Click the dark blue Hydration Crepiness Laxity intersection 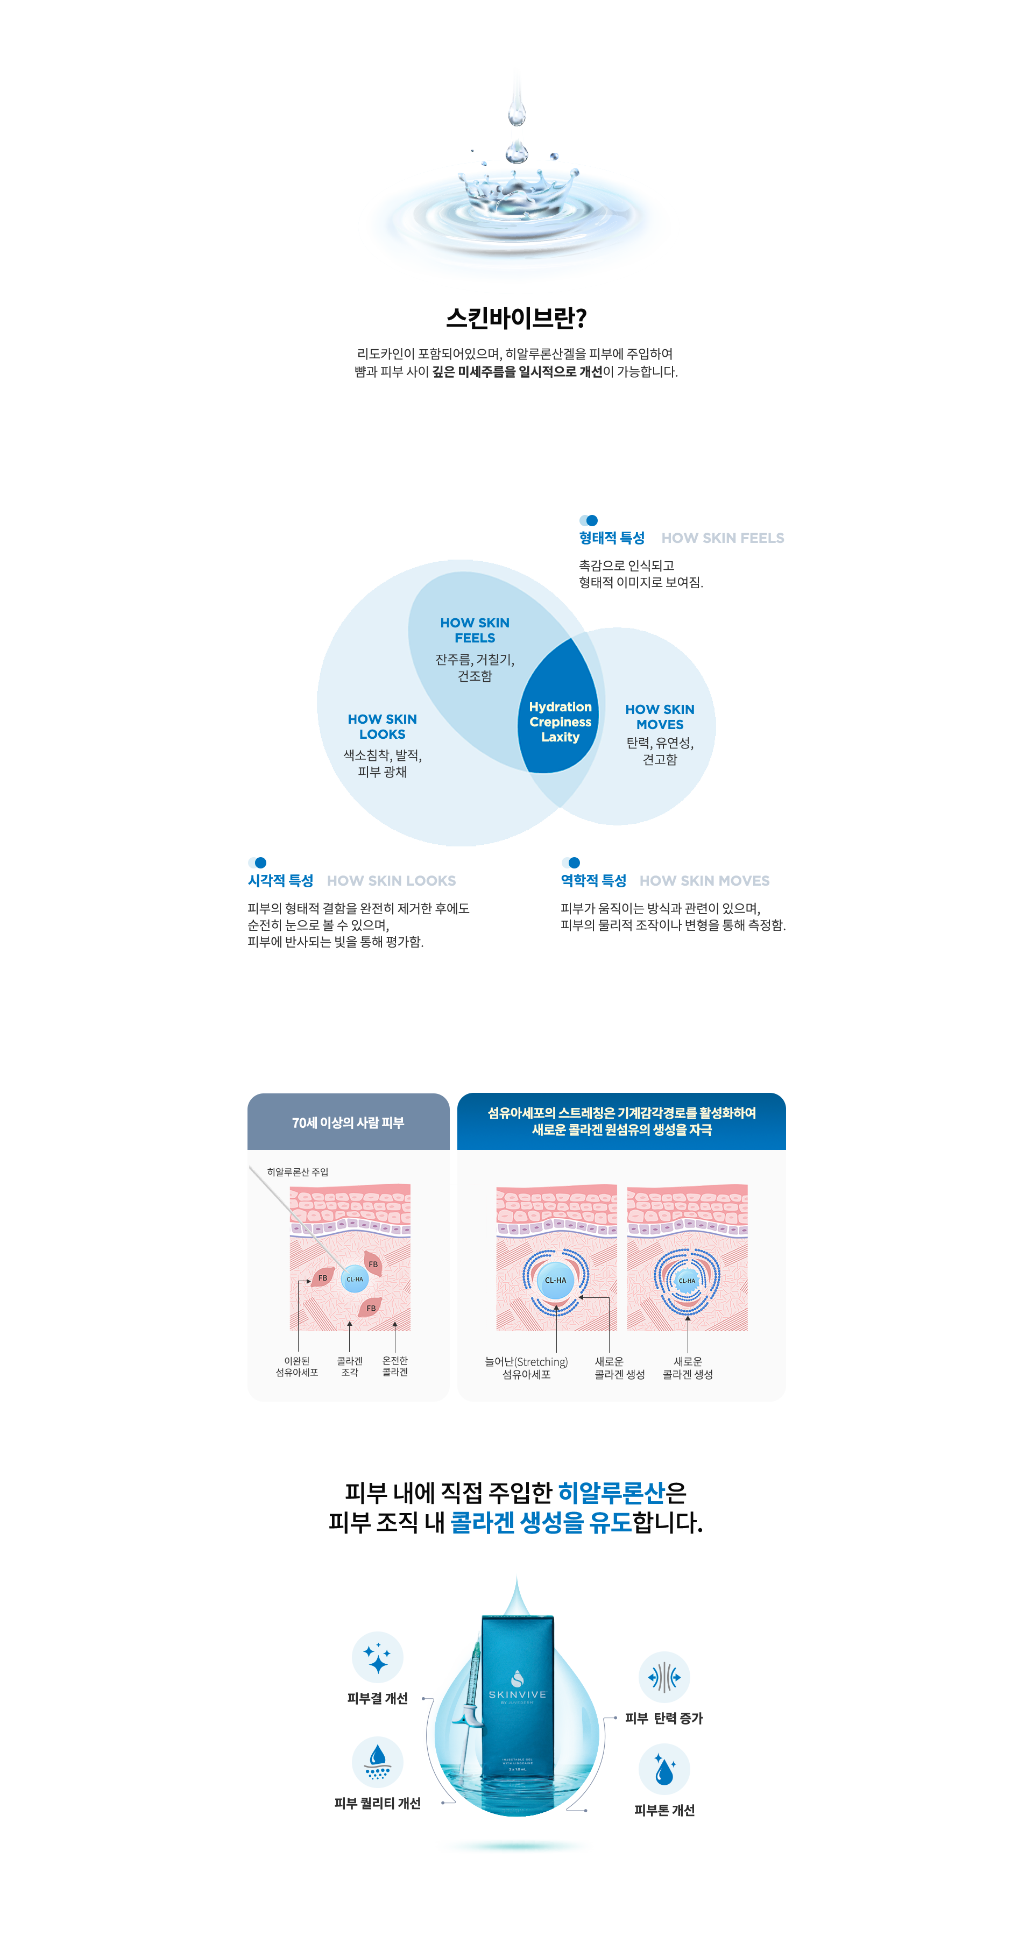click(x=560, y=721)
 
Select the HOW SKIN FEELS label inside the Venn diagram click(x=475, y=630)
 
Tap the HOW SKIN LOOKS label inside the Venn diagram click(x=382, y=726)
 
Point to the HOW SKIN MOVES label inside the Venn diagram click(x=659, y=716)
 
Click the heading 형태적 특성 click(x=611, y=537)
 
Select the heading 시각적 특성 click(x=280, y=880)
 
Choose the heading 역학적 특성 click(x=593, y=880)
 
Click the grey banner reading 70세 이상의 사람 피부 click(x=349, y=1122)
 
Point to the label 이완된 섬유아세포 click(x=297, y=1367)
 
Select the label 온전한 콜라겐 click(x=395, y=1366)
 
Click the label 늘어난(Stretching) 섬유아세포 click(x=526, y=1367)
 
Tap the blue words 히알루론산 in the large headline click(x=611, y=1493)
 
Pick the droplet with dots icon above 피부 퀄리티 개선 click(x=378, y=1762)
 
